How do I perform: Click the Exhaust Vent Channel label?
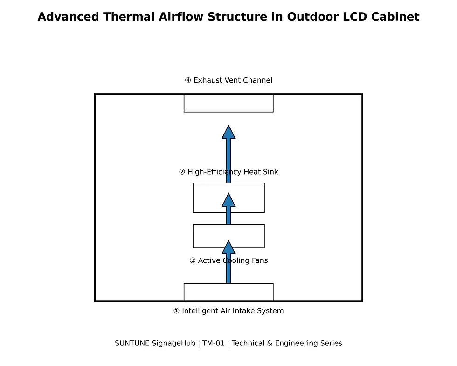[x=228, y=80]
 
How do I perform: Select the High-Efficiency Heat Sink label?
[x=228, y=172]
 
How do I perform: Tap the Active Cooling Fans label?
[x=228, y=260]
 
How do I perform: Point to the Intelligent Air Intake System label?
[x=228, y=311]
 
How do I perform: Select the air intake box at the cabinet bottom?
[x=205, y=292]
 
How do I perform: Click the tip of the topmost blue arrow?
[x=228, y=127]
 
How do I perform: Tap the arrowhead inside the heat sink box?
[x=228, y=201]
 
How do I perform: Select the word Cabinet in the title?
[x=395, y=17]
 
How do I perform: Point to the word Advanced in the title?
[x=68, y=17]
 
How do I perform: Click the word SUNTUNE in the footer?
[x=132, y=344]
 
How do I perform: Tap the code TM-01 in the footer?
[x=213, y=344]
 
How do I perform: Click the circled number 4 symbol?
[x=188, y=80]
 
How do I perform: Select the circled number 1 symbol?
[x=176, y=311]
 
